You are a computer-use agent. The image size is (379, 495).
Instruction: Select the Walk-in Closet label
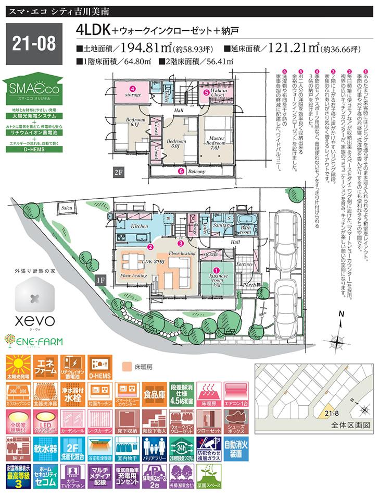(218, 94)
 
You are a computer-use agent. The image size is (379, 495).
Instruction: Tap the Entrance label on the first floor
(244, 265)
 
